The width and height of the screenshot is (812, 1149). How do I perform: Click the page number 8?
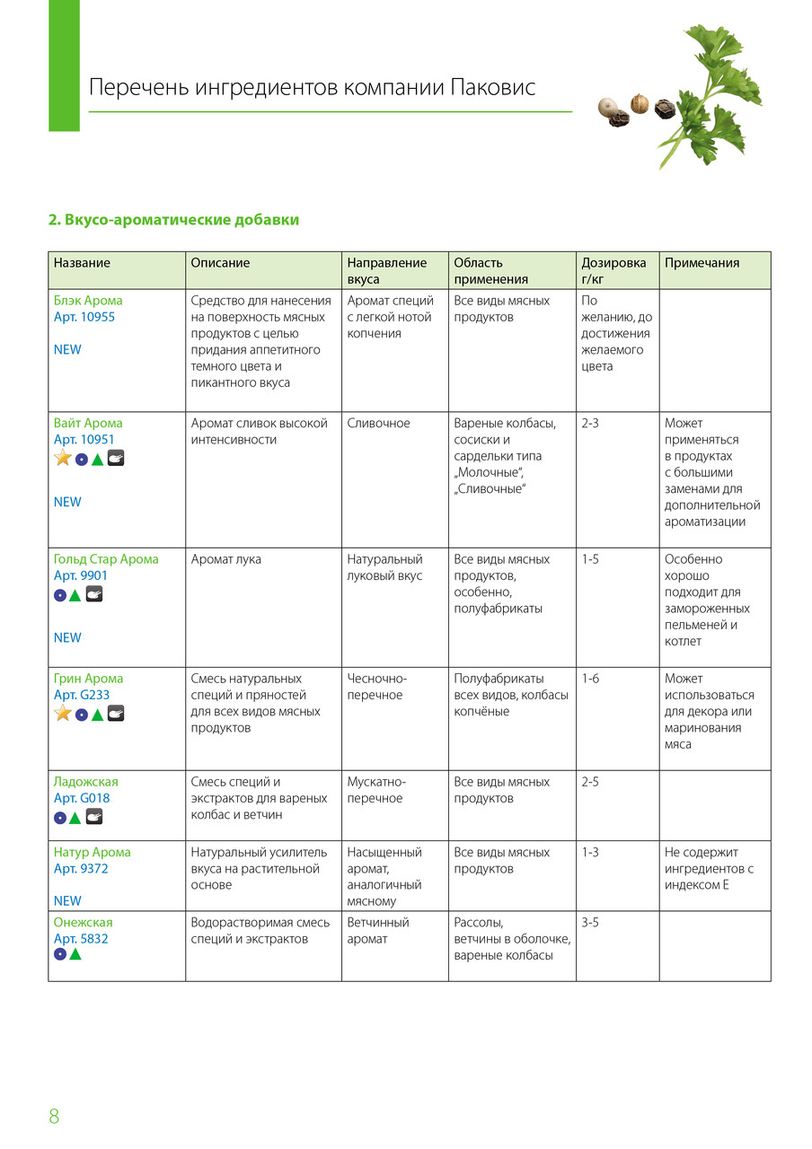[54, 1117]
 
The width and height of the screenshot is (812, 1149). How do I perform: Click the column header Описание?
[220, 263]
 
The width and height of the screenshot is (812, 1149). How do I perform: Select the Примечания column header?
[702, 263]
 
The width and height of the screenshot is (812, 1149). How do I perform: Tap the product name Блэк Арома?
[88, 301]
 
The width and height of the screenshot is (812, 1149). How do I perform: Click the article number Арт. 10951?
[84, 440]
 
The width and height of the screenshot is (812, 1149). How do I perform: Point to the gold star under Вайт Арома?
[63, 459]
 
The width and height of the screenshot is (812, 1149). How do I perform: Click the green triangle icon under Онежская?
[75, 955]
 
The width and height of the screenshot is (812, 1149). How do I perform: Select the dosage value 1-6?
[590, 679]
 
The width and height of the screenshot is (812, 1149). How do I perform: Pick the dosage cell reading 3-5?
[590, 922]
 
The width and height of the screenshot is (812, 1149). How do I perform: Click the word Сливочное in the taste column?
[378, 423]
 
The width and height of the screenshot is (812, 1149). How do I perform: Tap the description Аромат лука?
[226, 559]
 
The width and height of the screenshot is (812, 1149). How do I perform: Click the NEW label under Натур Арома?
[67, 900]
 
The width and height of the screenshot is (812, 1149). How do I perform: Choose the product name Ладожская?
[86, 782]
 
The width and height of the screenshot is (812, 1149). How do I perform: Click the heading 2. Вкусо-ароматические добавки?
[173, 220]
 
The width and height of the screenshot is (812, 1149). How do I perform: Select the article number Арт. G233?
[82, 696]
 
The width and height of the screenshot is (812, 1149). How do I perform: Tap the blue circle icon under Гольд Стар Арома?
[60, 594]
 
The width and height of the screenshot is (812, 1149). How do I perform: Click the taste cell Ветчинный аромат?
[378, 930]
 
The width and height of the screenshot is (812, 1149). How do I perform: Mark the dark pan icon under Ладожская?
[94, 817]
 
